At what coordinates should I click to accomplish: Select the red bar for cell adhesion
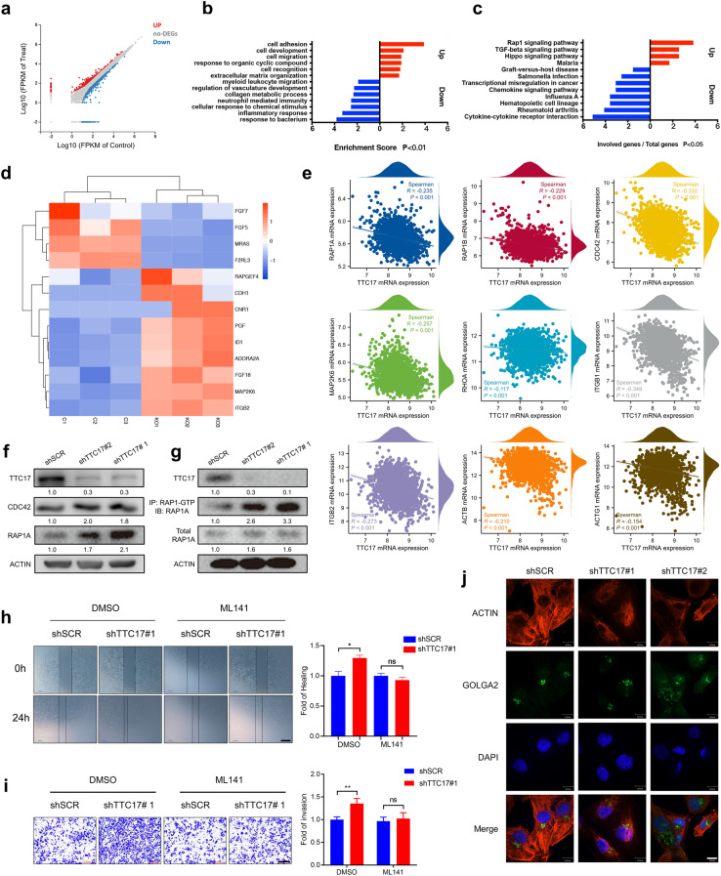401,43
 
